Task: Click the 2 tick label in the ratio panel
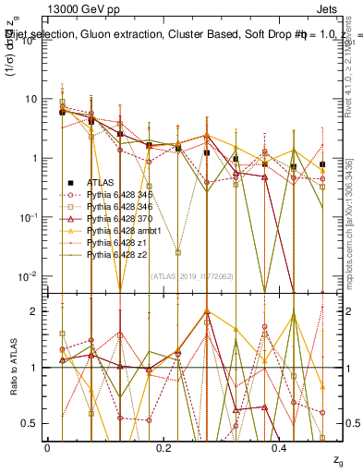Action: (x=34, y=311)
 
